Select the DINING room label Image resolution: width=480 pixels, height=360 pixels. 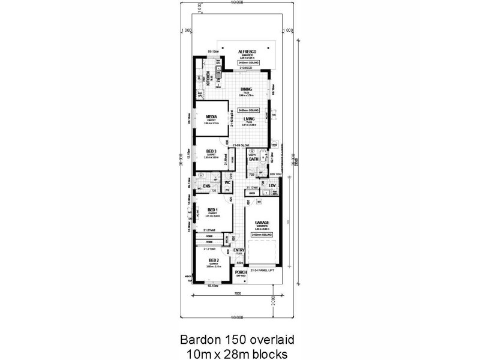tap(246, 89)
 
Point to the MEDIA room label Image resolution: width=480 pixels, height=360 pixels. tap(211, 117)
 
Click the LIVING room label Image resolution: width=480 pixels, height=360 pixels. tap(248, 119)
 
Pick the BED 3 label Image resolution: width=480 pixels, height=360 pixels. tap(211, 151)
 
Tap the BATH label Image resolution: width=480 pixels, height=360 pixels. tap(254, 159)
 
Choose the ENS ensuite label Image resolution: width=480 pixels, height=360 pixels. tap(206, 187)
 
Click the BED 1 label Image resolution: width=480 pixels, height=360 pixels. tap(212, 209)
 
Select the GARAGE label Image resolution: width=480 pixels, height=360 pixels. tap(262, 222)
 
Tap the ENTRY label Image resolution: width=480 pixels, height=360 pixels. tap(239, 250)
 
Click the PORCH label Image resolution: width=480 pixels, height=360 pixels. tap(241, 272)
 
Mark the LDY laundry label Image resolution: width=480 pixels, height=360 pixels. tap(272, 185)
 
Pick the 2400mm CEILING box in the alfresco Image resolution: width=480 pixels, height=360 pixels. tap(248, 62)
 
